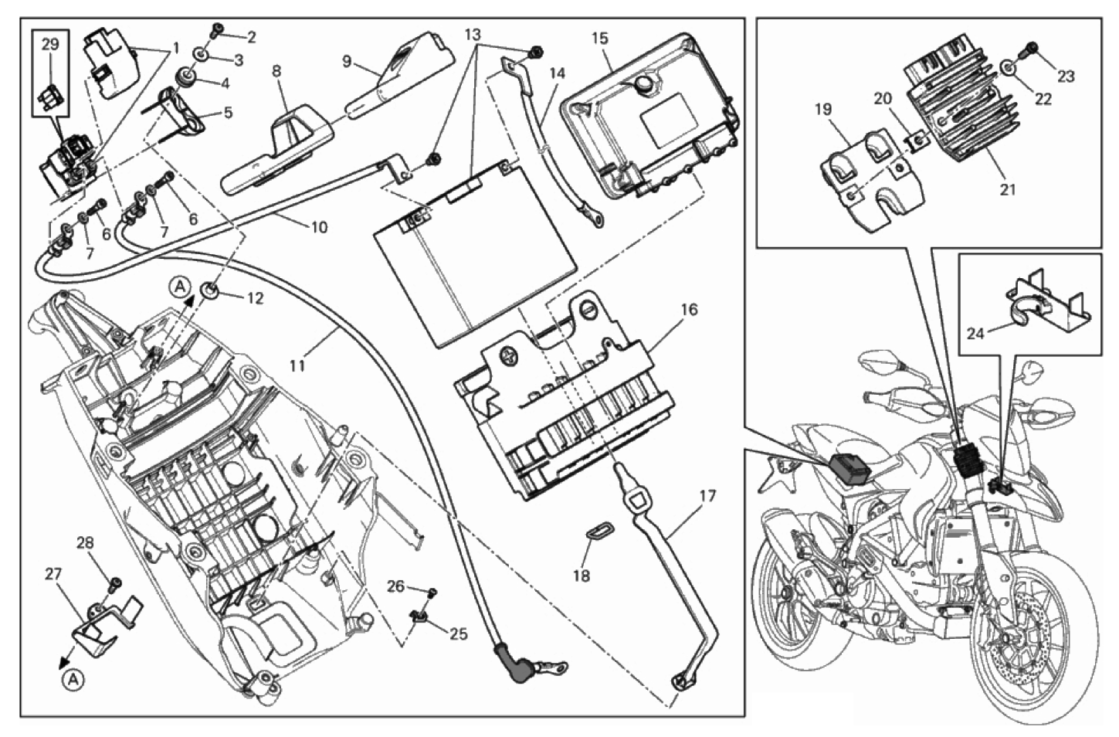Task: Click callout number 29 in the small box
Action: [x=49, y=45]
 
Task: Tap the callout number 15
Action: [x=600, y=38]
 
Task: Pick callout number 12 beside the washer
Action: [x=254, y=297]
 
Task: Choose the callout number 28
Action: [x=85, y=543]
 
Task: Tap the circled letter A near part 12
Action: [x=178, y=287]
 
